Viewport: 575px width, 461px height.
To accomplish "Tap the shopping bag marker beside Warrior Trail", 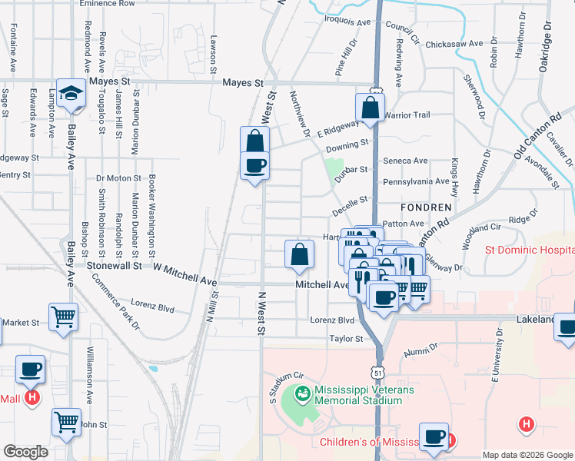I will click(x=370, y=108).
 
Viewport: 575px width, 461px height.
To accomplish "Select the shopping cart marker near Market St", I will click(x=63, y=316).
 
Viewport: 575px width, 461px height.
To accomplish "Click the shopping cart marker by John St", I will click(x=67, y=422).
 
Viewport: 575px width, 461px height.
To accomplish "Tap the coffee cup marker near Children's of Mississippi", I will click(x=434, y=436).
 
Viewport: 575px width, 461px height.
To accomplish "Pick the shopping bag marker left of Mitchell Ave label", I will click(x=299, y=254).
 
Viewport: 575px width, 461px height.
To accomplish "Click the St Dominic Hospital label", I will click(x=528, y=250).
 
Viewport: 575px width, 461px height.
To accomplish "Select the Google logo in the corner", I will click(x=25, y=451).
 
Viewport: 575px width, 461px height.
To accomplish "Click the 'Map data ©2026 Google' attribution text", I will click(x=527, y=455).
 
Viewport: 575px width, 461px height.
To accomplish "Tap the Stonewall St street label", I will click(x=115, y=265).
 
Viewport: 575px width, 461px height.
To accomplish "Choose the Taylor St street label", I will click(x=346, y=338).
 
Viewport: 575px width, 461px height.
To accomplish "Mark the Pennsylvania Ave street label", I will click(x=416, y=181).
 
